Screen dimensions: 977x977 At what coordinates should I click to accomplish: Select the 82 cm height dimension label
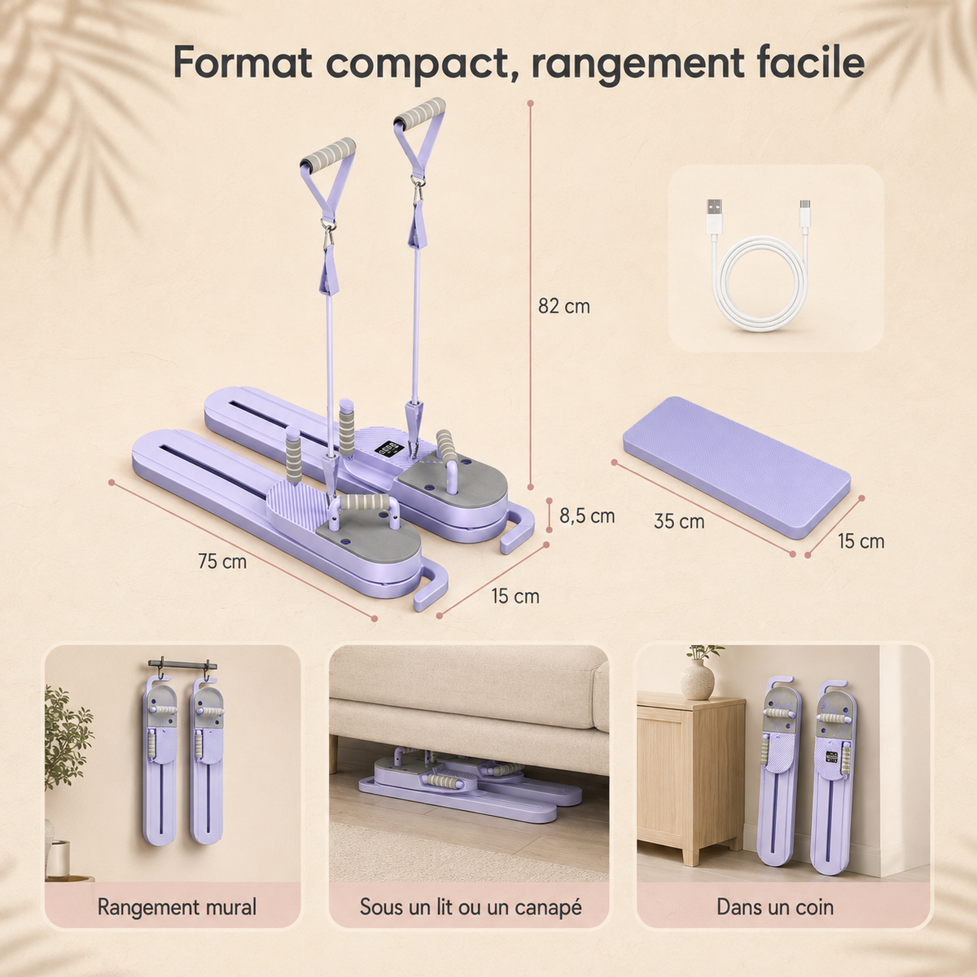point(563,306)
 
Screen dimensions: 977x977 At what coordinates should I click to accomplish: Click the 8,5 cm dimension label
point(587,515)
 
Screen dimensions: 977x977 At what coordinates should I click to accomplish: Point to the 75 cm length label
point(222,561)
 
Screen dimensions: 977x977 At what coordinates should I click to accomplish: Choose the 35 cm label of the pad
point(679,521)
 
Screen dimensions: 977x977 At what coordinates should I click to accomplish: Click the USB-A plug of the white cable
point(715,217)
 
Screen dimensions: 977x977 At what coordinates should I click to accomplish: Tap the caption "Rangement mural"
point(177,906)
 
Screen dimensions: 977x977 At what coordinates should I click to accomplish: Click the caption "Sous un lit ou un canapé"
point(471,906)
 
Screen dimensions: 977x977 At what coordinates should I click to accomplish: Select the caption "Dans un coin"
point(775,906)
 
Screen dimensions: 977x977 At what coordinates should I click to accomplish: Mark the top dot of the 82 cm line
point(530,103)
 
